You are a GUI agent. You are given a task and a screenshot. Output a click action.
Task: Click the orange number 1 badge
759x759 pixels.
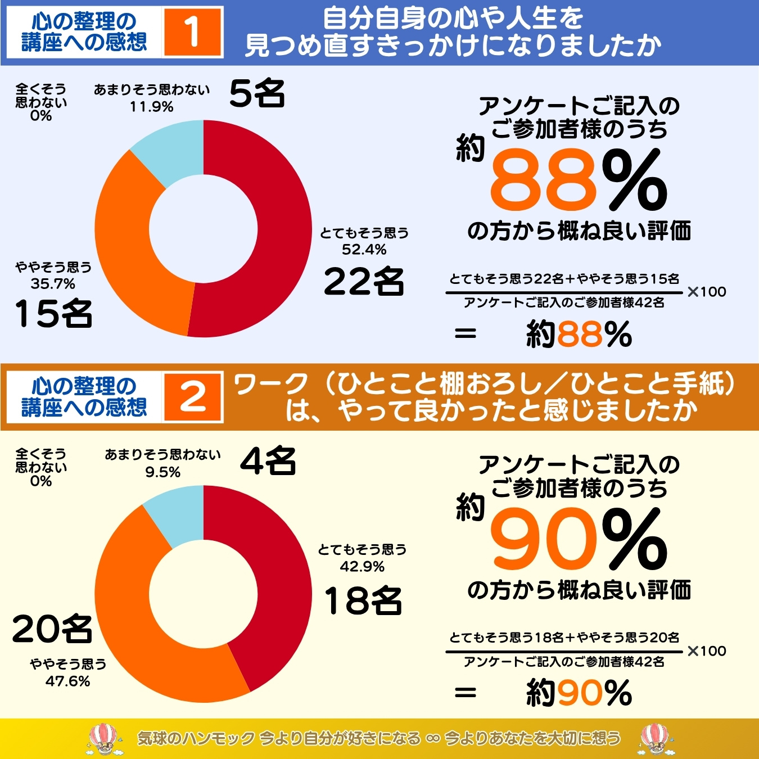click(192, 32)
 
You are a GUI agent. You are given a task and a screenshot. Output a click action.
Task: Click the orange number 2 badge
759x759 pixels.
click(192, 397)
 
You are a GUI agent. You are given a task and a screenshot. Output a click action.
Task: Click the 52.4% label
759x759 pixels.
click(364, 250)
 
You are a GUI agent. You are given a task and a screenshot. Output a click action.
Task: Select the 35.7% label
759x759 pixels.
click(53, 284)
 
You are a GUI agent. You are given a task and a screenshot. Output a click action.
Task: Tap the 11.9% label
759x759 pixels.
click(151, 107)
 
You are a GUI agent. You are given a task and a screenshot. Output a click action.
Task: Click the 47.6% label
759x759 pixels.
click(67, 681)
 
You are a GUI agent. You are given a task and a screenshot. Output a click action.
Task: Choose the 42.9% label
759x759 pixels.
click(362, 566)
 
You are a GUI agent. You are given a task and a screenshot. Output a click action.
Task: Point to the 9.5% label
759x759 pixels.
click(162, 472)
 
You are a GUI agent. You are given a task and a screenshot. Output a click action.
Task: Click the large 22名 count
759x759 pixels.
click(364, 281)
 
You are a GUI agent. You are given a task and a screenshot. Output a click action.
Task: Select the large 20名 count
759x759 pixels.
click(52, 628)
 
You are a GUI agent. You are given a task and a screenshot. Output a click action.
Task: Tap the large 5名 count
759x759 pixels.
click(257, 93)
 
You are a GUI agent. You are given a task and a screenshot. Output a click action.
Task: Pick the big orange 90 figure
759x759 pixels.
click(543, 540)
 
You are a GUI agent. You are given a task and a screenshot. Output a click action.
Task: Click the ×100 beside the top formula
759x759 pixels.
click(707, 292)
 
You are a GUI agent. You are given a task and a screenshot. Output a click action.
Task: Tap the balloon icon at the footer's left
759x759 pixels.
click(105, 738)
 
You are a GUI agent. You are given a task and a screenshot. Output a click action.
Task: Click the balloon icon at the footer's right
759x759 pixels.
click(654, 738)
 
